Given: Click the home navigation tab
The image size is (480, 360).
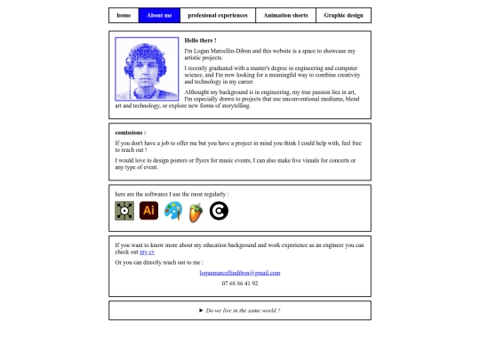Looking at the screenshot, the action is pyautogui.click(x=124, y=15).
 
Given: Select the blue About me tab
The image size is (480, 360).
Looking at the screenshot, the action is pyautogui.click(x=160, y=15).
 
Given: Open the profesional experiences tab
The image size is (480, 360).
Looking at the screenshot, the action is pyautogui.click(x=218, y=15).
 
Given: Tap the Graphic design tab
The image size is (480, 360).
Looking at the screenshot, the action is pyautogui.click(x=343, y=15).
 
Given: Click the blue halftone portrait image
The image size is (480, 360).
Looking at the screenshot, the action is pyautogui.click(x=147, y=69).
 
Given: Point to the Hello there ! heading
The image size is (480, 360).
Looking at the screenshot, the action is pyautogui.click(x=200, y=41).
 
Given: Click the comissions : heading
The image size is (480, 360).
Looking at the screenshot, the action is pyautogui.click(x=131, y=132).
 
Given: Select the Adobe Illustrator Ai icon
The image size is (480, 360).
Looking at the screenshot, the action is pyautogui.click(x=149, y=211).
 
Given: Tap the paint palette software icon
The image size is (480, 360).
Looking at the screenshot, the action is pyautogui.click(x=173, y=211).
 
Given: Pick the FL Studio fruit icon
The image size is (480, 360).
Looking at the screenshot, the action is pyautogui.click(x=196, y=212).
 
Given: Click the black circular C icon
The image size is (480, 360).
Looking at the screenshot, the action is pyautogui.click(x=219, y=211).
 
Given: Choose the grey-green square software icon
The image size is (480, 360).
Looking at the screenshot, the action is pyautogui.click(x=124, y=211).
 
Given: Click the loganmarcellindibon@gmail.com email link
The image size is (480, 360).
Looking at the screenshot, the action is pyautogui.click(x=239, y=272).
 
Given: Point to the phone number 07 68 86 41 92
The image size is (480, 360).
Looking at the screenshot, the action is pyautogui.click(x=240, y=283).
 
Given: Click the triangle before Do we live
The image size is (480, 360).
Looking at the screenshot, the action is pyautogui.click(x=201, y=310).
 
